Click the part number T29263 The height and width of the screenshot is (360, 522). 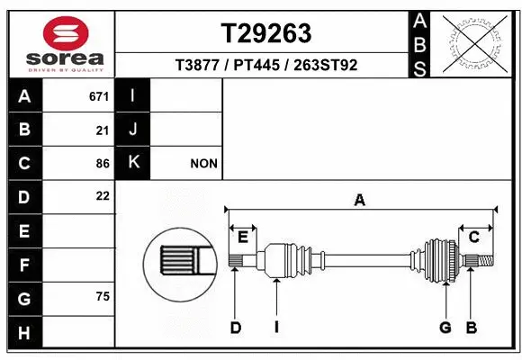pyautogui.click(x=266, y=33)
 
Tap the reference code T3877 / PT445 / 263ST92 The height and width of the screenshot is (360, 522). pyautogui.click(x=266, y=65)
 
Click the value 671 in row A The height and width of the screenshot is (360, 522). pyautogui.click(x=99, y=95)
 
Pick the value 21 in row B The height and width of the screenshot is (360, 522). pyautogui.click(x=103, y=130)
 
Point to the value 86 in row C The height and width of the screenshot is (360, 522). pyautogui.click(x=103, y=164)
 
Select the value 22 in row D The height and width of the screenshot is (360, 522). pyautogui.click(x=103, y=195)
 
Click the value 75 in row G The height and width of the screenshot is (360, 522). pyautogui.click(x=103, y=296)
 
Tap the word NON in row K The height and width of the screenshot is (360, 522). pyautogui.click(x=203, y=164)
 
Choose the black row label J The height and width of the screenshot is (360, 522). pyautogui.click(x=133, y=130)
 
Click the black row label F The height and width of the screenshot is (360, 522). pyautogui.click(x=23, y=265)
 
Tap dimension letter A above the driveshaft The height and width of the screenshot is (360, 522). pyautogui.click(x=359, y=202)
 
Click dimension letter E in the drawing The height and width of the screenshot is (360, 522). pyautogui.click(x=243, y=238)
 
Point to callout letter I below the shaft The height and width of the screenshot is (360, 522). pyautogui.click(x=276, y=328)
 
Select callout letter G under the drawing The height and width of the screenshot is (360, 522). pyautogui.click(x=445, y=328)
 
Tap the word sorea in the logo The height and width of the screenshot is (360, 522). pyautogui.click(x=67, y=57)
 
